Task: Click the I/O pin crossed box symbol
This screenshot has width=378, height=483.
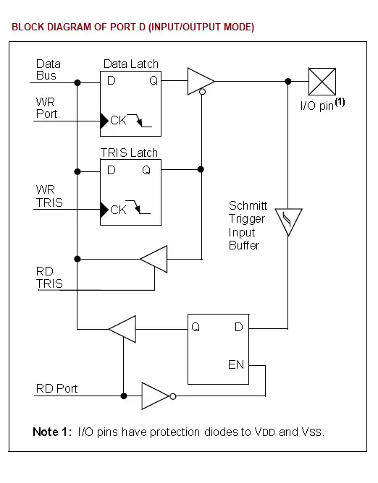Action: (x=322, y=82)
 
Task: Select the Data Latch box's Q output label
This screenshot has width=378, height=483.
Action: (x=154, y=81)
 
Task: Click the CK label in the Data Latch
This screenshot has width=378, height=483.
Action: (x=118, y=120)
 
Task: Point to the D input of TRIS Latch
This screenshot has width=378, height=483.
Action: (x=112, y=170)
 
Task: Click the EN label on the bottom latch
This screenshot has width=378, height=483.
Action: (x=236, y=364)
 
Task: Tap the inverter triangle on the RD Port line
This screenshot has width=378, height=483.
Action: (x=156, y=396)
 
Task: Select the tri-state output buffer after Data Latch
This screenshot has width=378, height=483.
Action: (x=201, y=81)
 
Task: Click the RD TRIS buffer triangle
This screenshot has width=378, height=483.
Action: (x=154, y=259)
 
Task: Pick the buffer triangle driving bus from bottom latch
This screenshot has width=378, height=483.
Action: (x=122, y=329)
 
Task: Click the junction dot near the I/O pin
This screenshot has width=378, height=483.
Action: (x=288, y=81)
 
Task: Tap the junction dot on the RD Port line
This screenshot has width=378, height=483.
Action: (x=124, y=396)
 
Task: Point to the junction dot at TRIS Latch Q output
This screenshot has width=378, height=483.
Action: (x=201, y=169)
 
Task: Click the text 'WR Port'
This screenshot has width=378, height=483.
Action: (x=46, y=108)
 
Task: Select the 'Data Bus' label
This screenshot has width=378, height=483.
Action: (x=49, y=69)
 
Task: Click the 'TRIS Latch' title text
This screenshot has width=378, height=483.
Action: (x=129, y=153)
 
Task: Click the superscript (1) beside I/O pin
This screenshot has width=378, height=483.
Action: (x=340, y=102)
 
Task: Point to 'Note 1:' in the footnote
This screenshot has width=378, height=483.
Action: (x=52, y=432)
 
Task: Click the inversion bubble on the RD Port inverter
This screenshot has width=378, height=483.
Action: (x=173, y=396)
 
